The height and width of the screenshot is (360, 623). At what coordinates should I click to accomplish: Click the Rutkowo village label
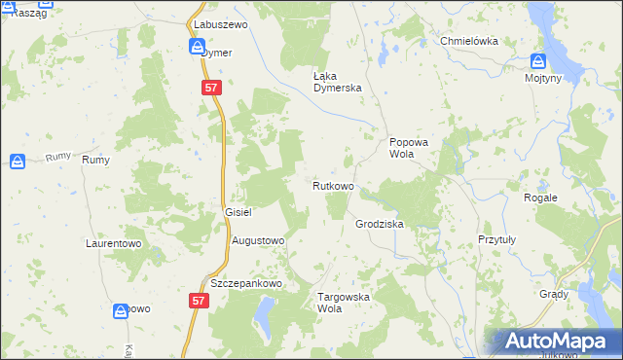[x=333, y=186]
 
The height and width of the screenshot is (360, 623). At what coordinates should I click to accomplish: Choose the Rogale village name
[x=540, y=198]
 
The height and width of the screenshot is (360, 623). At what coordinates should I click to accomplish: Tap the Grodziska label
[x=379, y=224]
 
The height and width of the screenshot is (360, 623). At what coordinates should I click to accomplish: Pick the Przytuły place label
[x=496, y=238]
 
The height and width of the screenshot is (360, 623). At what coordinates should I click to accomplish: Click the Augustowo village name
[x=258, y=239]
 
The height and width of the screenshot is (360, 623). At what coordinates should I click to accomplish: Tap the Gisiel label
[x=238, y=211]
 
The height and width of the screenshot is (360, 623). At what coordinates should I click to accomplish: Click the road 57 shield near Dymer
[x=214, y=88]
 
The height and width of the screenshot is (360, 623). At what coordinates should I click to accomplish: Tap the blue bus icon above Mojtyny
[x=537, y=60]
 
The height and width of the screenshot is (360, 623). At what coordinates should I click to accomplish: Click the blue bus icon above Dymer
[x=197, y=47]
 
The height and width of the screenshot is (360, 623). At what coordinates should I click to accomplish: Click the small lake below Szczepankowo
[x=263, y=313]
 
